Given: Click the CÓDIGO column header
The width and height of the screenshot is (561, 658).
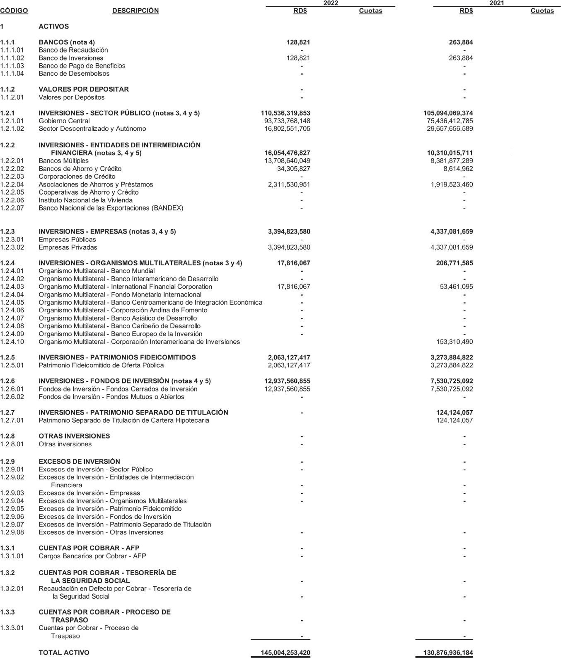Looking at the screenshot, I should tap(14, 11).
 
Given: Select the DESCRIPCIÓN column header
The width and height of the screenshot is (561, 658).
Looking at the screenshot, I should tap(135, 11).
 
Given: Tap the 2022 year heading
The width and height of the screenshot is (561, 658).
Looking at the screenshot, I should tap(330, 3).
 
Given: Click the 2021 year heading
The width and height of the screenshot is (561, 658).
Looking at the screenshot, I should tap(496, 3).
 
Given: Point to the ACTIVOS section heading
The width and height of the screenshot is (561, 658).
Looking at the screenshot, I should tap(54, 27).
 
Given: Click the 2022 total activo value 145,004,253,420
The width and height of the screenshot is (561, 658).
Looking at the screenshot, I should tap(285, 653).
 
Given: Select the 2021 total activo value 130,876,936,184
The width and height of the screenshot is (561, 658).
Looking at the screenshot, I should tap(448, 653).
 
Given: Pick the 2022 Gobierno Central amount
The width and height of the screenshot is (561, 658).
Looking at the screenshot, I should tap(287, 121).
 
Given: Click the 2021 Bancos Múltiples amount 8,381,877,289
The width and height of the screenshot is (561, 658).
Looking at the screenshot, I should tap(452, 161).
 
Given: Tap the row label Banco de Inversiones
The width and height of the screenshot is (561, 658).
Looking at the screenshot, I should tap(71, 58).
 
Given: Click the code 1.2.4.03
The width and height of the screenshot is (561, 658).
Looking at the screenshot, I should tap(12, 287).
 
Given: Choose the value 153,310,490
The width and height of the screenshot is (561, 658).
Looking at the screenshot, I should tap(455, 342).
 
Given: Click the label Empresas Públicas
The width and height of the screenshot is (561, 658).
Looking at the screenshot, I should tap(67, 240).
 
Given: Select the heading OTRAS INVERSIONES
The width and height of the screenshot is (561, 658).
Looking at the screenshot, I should tap(74, 436).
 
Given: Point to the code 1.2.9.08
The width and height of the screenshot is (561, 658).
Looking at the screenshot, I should tap(12, 532).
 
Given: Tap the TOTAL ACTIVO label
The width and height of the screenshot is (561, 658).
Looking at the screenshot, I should tap(64, 653).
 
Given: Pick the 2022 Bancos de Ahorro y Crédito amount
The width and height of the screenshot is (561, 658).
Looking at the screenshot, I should tap(293, 169).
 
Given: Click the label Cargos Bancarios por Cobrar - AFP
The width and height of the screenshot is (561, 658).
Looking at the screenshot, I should tap(92, 556).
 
